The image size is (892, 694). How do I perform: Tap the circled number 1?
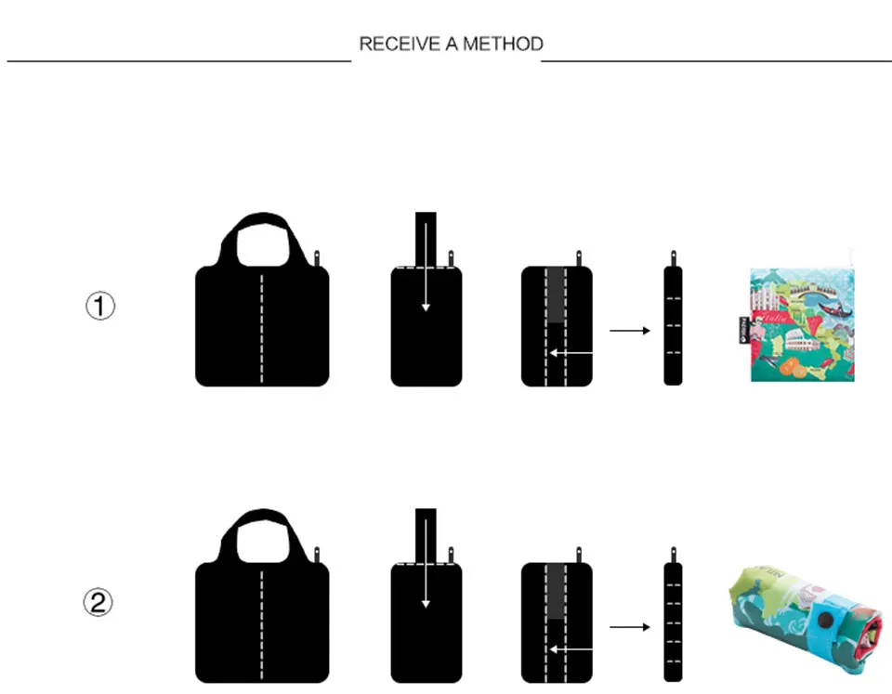click(x=100, y=307)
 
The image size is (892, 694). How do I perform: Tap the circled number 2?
click(x=100, y=604)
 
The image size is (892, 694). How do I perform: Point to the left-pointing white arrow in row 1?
click(x=571, y=353)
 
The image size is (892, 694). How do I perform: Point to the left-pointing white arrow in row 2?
click(x=571, y=649)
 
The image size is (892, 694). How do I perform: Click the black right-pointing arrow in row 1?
click(x=630, y=330)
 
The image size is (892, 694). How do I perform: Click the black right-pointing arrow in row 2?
click(x=630, y=627)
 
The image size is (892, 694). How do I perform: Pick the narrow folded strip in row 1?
click(x=673, y=325)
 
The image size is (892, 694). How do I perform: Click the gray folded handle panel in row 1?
click(x=555, y=295)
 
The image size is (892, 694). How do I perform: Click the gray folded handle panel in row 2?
click(x=555, y=592)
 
